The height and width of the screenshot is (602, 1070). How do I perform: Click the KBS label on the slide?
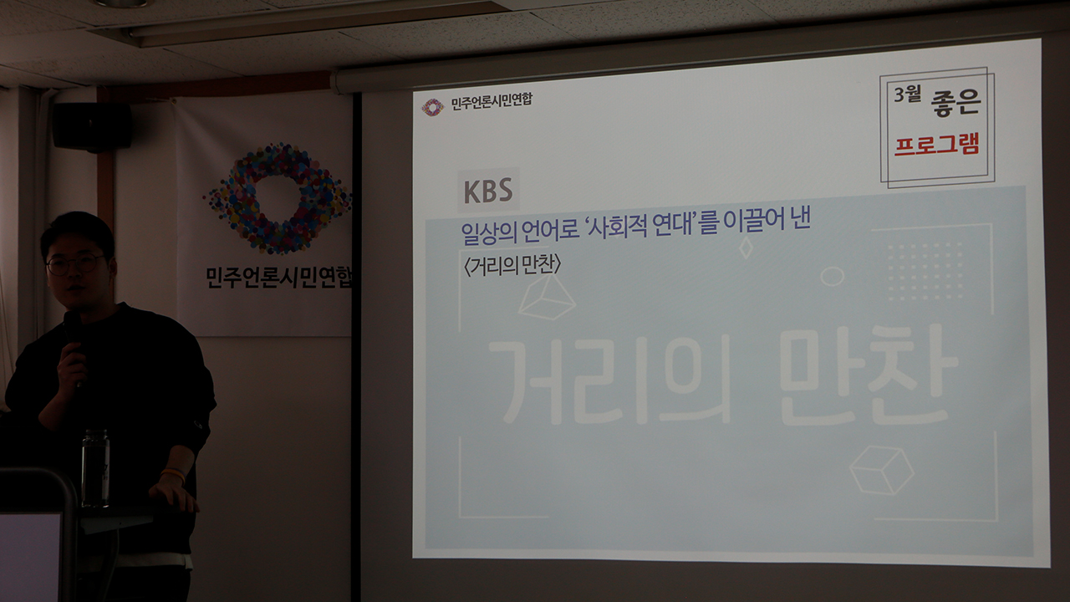[488, 190]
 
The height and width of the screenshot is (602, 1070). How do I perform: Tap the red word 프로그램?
[937, 145]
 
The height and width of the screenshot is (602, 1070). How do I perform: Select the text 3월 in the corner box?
[907, 94]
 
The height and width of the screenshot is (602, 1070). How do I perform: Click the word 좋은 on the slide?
[955, 102]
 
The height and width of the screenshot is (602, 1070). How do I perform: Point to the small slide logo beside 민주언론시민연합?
[432, 108]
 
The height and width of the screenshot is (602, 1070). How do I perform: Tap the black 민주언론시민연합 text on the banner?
[279, 277]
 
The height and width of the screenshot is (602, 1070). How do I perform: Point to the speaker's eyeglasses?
[75, 264]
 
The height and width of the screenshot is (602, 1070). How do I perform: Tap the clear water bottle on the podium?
[95, 468]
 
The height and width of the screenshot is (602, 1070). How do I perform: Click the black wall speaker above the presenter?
[92, 126]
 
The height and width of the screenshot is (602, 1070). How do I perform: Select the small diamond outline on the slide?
[746, 248]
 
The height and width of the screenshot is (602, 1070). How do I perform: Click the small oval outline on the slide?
[832, 276]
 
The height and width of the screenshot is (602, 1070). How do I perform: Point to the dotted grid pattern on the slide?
[925, 272]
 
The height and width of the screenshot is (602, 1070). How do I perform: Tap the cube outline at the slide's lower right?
[881, 470]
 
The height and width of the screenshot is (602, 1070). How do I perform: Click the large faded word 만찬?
[869, 375]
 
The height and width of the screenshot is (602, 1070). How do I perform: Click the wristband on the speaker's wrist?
[173, 474]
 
